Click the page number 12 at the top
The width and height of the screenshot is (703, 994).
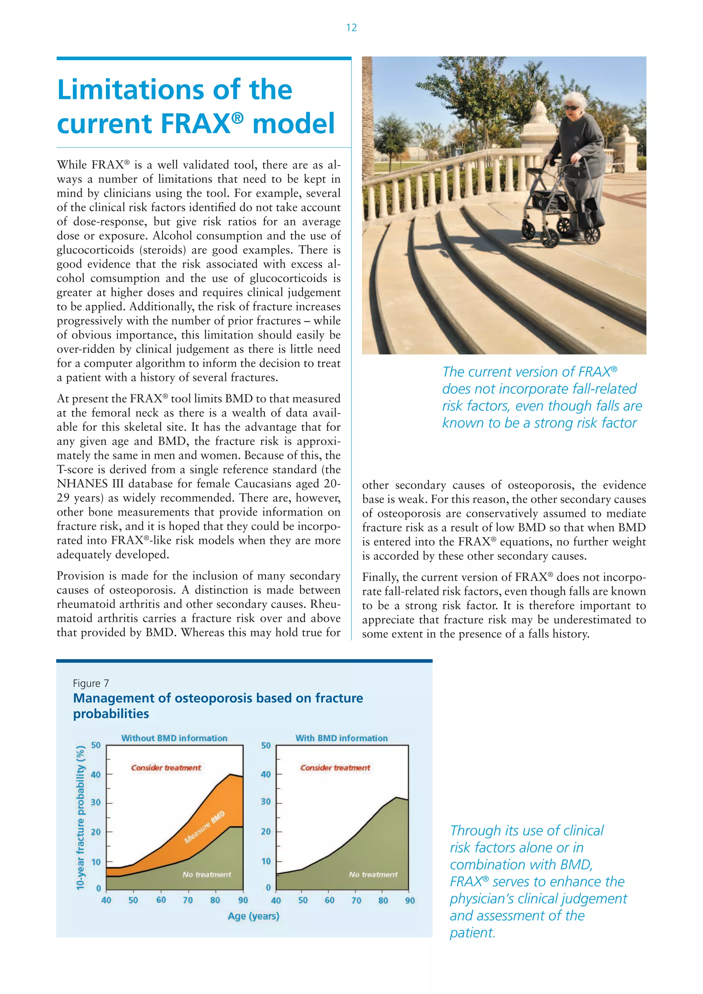(351, 28)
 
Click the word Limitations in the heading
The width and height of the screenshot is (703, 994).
(132, 90)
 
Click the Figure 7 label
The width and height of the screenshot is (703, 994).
(91, 683)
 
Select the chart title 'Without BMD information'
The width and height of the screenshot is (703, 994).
(174, 738)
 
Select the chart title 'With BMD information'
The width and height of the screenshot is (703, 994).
(341, 738)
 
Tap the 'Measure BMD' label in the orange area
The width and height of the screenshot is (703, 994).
(204, 827)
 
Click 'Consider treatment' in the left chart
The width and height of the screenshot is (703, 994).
(166, 767)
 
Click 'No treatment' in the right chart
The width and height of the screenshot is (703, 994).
(373, 875)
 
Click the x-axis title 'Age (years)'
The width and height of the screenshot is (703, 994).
(253, 916)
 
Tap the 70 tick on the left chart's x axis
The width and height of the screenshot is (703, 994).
(187, 900)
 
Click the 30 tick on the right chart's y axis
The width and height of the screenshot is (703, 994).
(265, 802)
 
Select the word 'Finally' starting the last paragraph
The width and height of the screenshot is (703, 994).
(380, 577)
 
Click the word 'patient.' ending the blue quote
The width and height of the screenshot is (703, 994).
(472, 933)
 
